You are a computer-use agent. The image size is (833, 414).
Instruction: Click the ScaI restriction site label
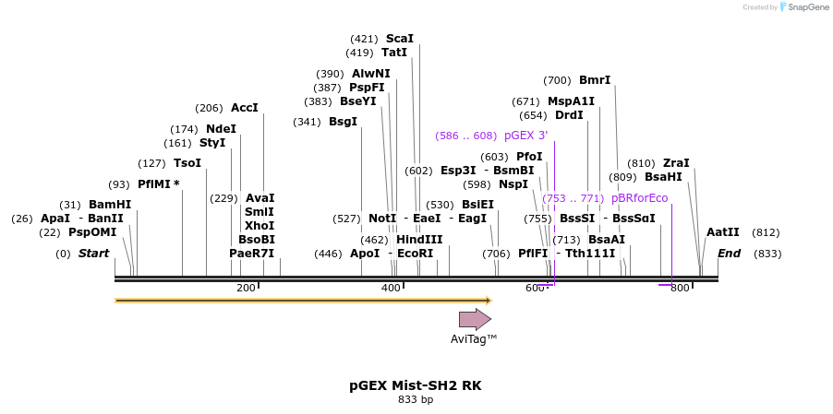[399, 39]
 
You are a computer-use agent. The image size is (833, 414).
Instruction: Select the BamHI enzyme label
[110, 205]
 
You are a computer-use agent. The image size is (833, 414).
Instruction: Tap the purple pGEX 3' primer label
[525, 136]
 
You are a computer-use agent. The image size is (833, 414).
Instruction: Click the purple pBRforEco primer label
[639, 198]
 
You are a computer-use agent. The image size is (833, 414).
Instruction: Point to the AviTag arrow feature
[475, 319]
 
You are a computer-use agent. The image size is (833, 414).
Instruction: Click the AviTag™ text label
[474, 339]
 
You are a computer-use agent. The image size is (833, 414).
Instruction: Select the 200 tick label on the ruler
[246, 289]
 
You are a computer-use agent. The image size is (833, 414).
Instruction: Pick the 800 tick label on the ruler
[680, 289]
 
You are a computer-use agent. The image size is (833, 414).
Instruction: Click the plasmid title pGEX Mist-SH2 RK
[415, 385]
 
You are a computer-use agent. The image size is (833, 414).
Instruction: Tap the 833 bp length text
[415, 400]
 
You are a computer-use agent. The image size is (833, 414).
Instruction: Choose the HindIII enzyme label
[419, 240]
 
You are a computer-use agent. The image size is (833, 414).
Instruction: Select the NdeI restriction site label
[221, 129]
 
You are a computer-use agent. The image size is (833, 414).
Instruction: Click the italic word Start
[93, 254]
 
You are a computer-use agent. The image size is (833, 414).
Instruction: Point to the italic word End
[730, 254]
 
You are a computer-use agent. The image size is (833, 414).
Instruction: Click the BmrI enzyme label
[595, 80]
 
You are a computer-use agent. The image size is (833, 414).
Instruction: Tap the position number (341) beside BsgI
[307, 122]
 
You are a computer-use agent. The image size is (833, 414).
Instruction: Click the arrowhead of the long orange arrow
[489, 300]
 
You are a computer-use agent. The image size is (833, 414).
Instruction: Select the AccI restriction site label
[245, 108]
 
